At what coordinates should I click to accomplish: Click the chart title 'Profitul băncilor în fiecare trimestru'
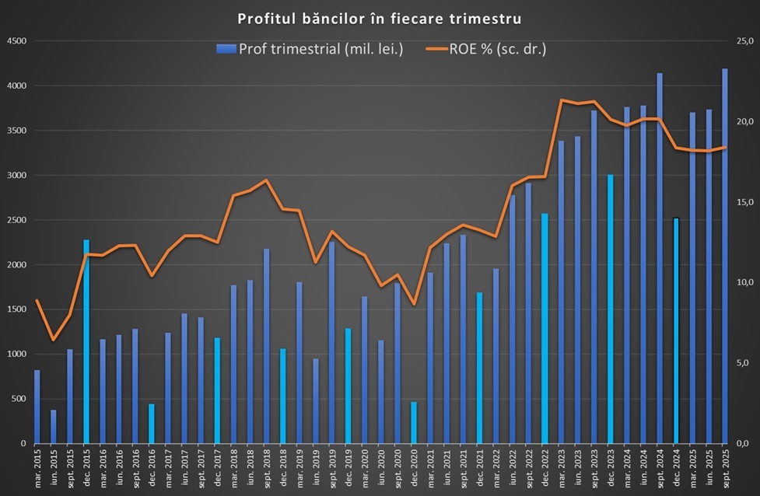(x=380, y=17)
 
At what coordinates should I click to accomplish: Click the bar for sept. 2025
(x=725, y=257)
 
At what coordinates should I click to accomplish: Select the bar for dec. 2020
(x=414, y=423)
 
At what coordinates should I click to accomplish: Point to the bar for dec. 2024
(x=676, y=331)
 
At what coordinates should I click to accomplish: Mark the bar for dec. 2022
(x=545, y=329)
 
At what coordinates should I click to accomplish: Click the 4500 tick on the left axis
(x=16, y=41)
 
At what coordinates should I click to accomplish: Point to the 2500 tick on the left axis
(x=16, y=220)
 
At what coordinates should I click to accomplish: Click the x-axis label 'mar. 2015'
(x=37, y=468)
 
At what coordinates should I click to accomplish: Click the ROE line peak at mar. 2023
(x=561, y=100)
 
